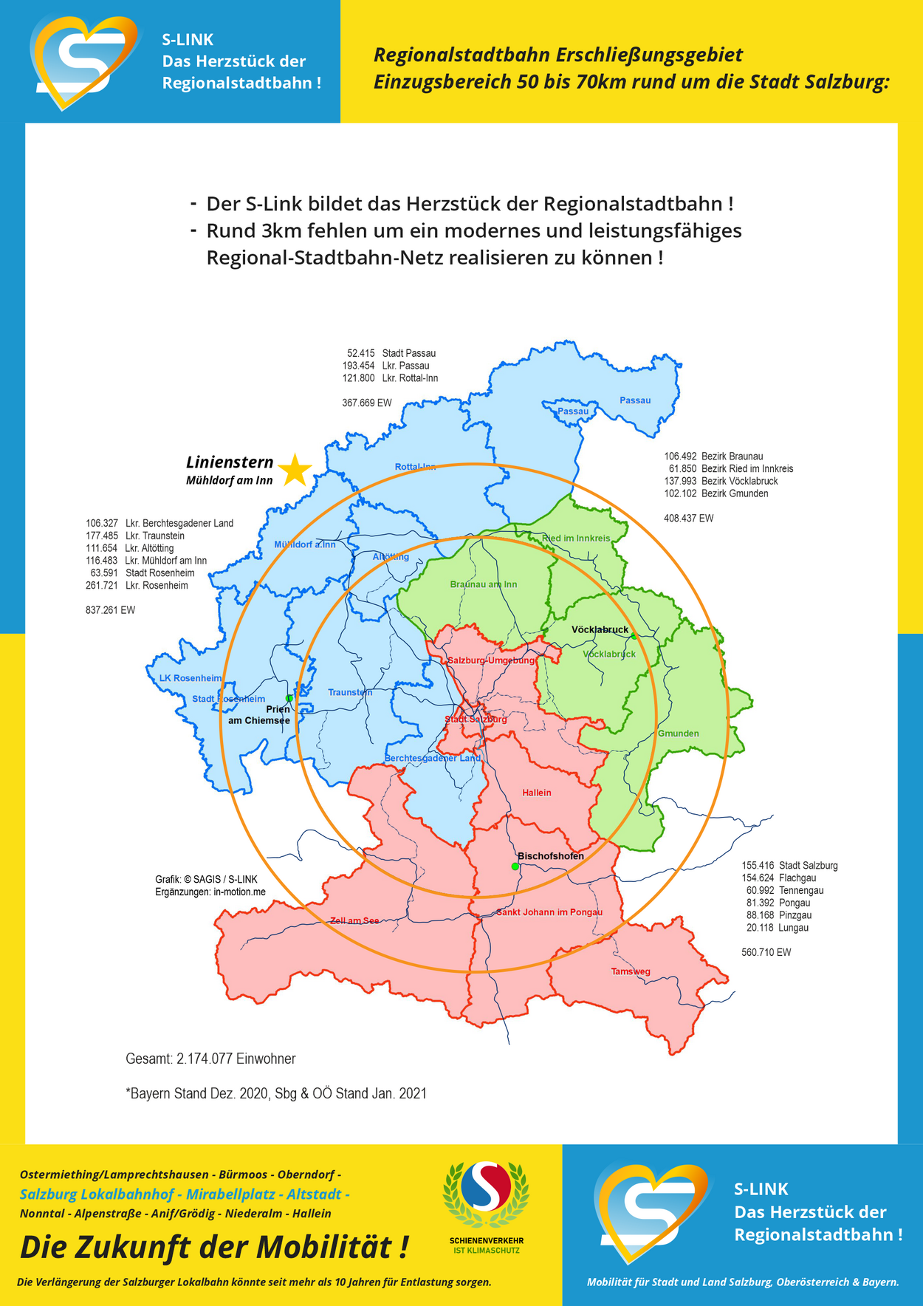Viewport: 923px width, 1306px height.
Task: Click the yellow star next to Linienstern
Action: click(x=295, y=471)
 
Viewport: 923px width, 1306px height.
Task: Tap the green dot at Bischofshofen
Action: click(x=515, y=866)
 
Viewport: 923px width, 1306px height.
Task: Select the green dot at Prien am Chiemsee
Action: click(x=289, y=698)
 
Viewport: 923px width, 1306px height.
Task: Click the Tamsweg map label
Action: click(x=631, y=971)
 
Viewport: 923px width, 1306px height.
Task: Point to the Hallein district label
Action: click(x=537, y=793)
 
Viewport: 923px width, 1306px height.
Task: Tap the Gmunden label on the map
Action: click(x=678, y=734)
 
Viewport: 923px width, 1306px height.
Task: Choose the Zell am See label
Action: click(x=354, y=920)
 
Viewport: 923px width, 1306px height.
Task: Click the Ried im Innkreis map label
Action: click(x=576, y=539)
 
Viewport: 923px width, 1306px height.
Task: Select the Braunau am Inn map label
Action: click(x=484, y=584)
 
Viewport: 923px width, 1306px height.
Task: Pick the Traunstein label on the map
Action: click(x=350, y=692)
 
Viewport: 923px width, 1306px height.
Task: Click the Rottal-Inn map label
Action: click(x=415, y=467)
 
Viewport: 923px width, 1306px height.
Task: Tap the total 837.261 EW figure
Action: click(x=111, y=610)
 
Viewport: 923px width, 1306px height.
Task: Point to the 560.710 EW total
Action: click(x=766, y=952)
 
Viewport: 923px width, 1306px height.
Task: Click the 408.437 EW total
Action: click(x=688, y=519)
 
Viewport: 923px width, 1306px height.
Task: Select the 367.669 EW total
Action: click(x=367, y=403)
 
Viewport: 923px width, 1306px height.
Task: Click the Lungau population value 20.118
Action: click(x=758, y=928)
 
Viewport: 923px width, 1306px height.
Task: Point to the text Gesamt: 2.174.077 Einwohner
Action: click(x=210, y=1059)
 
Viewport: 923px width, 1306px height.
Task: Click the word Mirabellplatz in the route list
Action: click(x=230, y=1194)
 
